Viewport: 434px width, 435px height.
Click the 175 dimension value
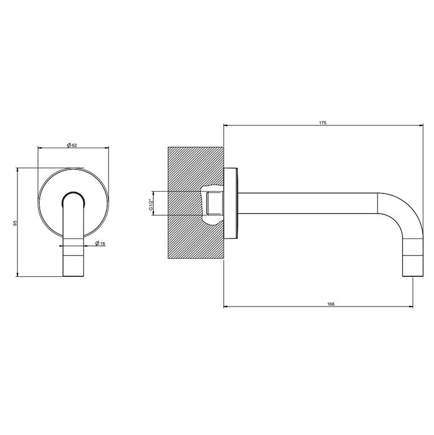(322, 123)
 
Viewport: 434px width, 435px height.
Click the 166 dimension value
(330, 304)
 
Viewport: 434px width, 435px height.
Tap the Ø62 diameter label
(71, 145)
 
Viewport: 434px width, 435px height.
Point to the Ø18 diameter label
(100, 244)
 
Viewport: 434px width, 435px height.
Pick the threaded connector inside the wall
(215, 204)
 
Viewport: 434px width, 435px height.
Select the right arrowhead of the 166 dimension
(412, 307)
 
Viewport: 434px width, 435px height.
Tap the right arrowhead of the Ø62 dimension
(108, 148)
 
